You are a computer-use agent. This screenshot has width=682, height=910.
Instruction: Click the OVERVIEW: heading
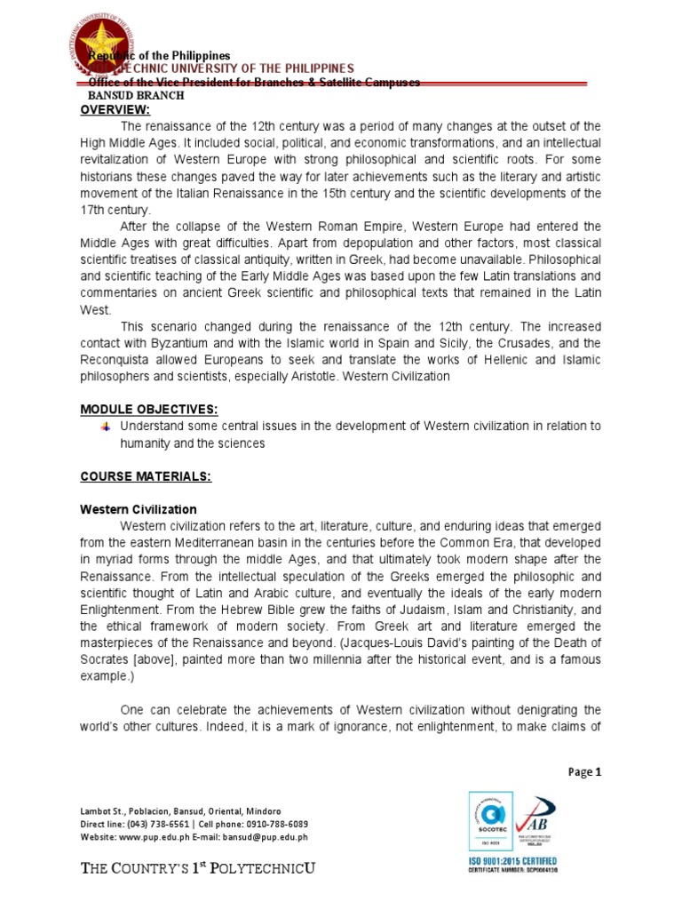click(x=115, y=109)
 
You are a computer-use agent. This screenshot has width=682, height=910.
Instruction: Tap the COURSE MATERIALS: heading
click(x=146, y=476)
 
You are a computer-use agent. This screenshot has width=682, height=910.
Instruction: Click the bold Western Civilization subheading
click(x=139, y=509)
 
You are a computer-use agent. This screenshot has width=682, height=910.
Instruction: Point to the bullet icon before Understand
click(x=106, y=427)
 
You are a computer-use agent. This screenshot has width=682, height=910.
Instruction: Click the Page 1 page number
click(x=584, y=772)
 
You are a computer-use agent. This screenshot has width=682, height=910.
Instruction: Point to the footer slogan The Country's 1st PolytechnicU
click(x=198, y=868)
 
